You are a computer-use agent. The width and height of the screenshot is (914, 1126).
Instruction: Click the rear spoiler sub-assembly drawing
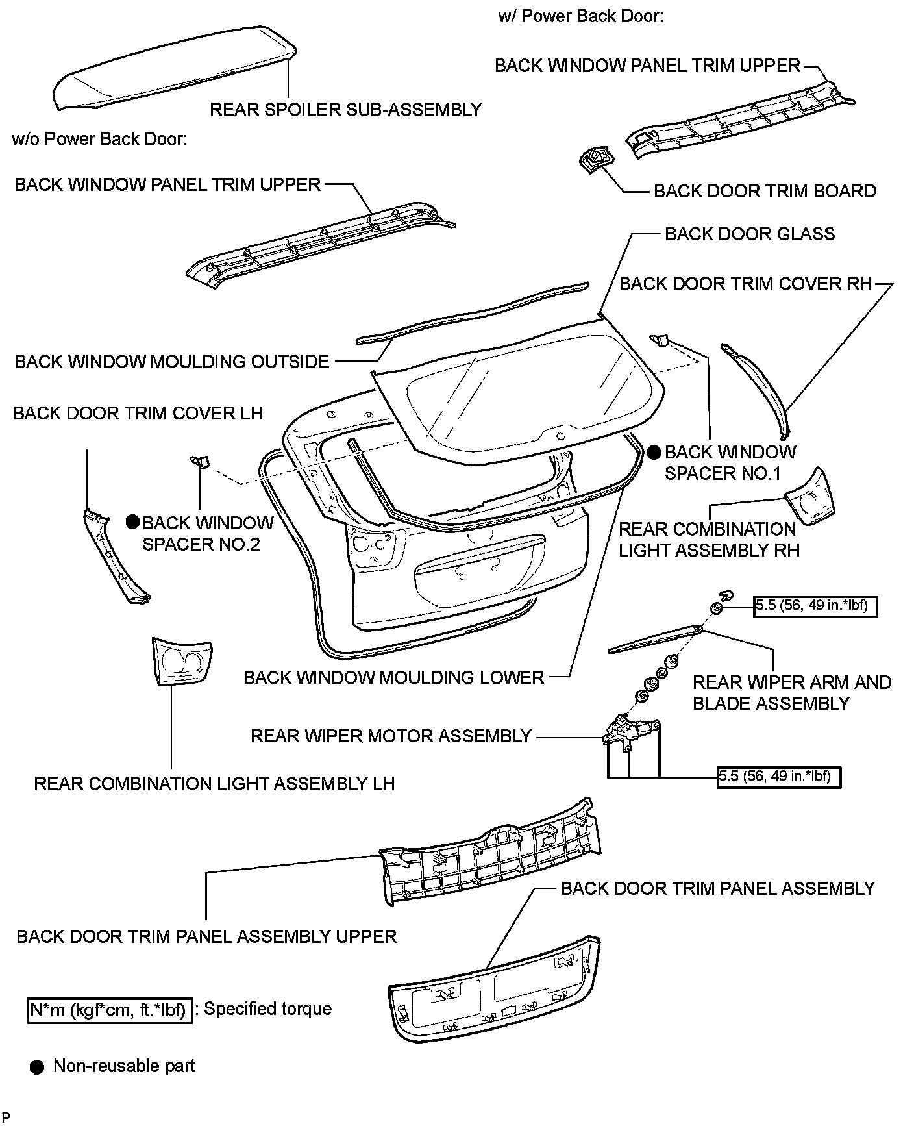175,68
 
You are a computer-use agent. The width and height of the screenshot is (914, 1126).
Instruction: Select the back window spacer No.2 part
199,461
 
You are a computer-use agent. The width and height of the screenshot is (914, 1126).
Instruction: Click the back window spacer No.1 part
660,339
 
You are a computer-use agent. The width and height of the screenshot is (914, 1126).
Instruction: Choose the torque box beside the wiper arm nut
815,607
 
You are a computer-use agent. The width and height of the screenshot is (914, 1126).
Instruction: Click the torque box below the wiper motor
778,777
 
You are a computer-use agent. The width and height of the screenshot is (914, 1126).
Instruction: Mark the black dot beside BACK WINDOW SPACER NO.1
654,452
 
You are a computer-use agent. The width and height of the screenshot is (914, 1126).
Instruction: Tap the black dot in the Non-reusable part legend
38,1067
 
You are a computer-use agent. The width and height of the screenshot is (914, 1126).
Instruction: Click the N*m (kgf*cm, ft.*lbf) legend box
110,1010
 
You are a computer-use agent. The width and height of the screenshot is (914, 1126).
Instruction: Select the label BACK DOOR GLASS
750,234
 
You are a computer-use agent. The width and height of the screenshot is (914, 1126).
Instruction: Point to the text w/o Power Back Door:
100,139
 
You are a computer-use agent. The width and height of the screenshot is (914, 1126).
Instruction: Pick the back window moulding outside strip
474,312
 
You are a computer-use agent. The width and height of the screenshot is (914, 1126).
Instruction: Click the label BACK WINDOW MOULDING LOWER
393,677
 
